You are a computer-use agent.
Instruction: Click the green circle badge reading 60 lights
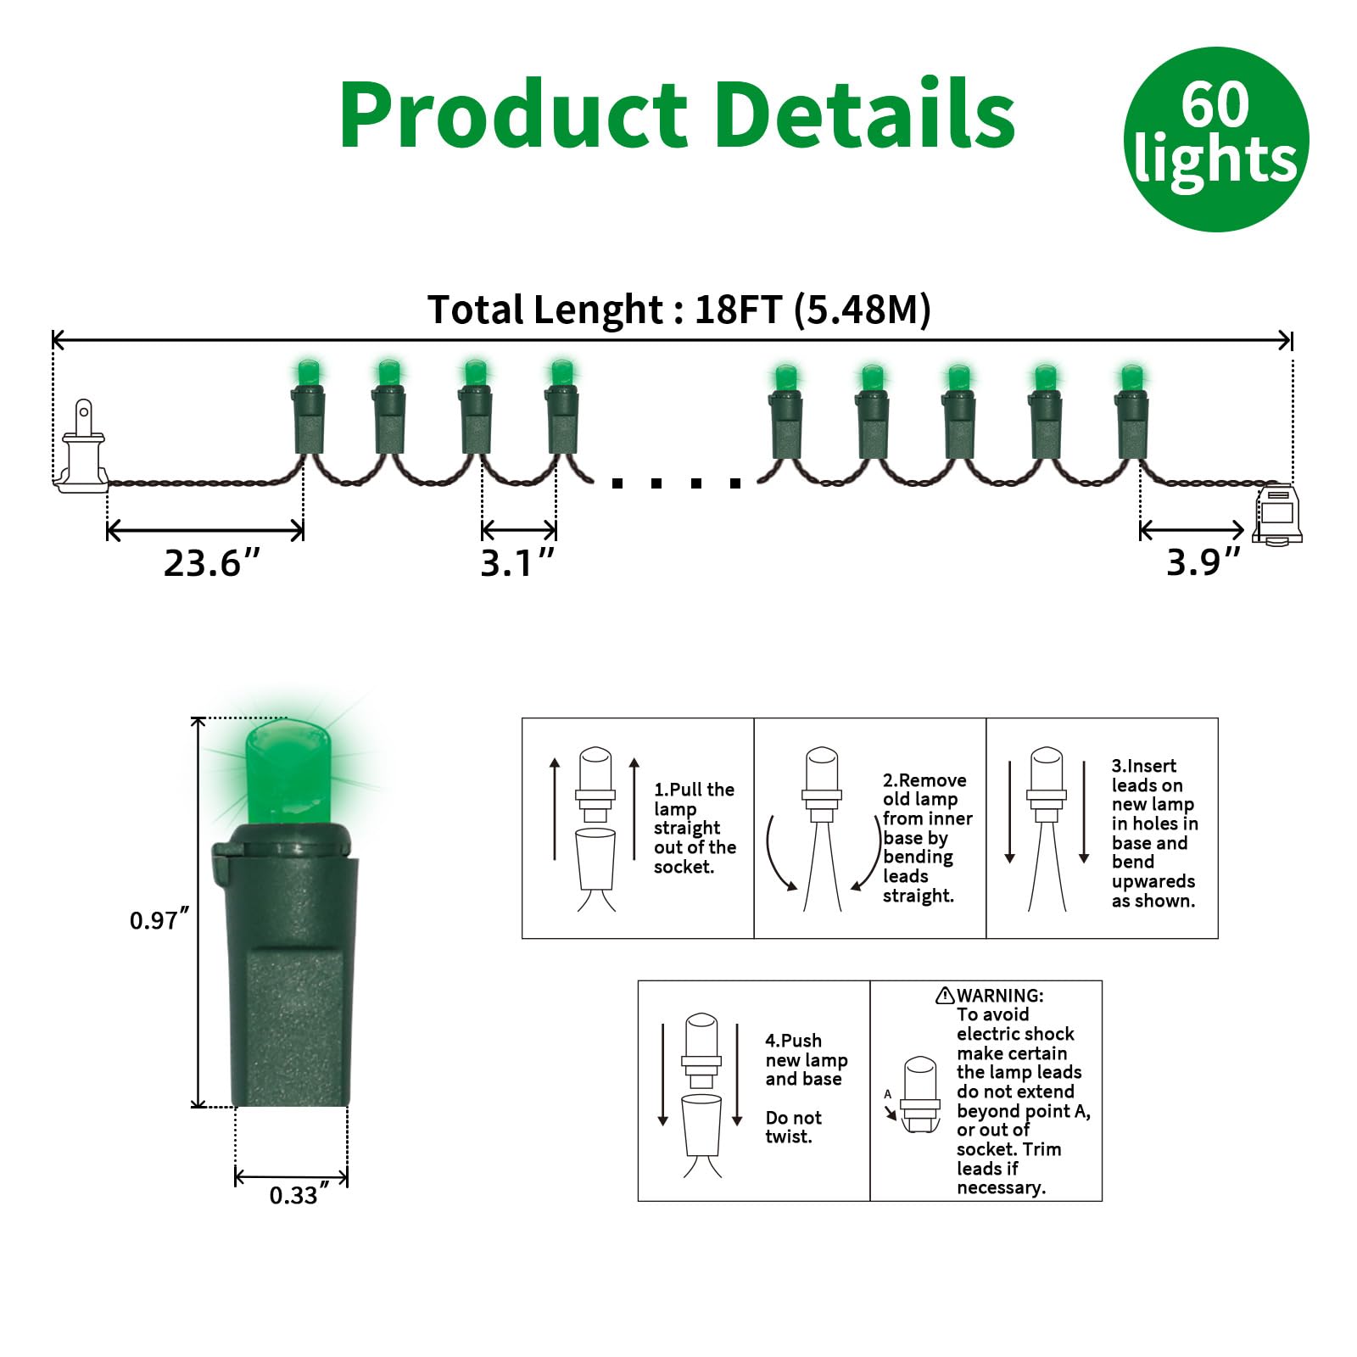[x=1215, y=139]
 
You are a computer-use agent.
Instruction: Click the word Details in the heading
[x=865, y=115]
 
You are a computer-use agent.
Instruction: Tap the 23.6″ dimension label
[x=211, y=563]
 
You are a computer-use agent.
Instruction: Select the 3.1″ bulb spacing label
[x=517, y=563]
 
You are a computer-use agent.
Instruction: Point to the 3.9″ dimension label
[x=1203, y=561]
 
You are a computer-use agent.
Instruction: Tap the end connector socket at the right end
[x=1277, y=514]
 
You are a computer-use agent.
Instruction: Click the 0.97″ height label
[x=159, y=919]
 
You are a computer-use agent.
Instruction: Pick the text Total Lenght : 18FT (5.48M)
[x=678, y=310]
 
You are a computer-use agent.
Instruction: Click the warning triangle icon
[x=945, y=996]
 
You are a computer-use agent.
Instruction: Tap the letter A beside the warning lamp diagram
[x=888, y=1094]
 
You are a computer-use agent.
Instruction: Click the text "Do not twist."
[x=793, y=1127]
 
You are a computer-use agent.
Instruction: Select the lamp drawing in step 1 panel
[x=595, y=827]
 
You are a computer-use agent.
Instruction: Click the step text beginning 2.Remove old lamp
[x=927, y=837]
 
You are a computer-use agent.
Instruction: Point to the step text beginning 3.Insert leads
[x=1154, y=833]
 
